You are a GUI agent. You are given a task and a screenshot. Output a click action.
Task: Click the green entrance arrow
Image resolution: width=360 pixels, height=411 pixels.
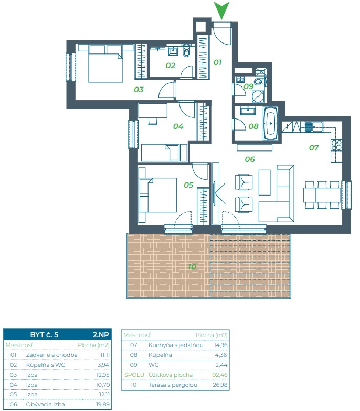[x=221, y=9]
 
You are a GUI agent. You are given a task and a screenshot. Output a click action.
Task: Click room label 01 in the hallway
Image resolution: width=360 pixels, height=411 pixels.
[x=217, y=62]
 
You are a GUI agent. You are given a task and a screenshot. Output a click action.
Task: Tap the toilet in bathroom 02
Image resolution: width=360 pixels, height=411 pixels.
[x=186, y=51]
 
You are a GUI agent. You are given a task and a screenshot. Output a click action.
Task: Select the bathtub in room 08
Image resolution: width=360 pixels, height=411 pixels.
[x=271, y=123]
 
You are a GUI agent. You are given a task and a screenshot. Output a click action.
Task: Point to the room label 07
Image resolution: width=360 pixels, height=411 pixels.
[x=314, y=148]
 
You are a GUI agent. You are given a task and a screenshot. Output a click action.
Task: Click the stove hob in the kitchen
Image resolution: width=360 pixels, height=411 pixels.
[x=336, y=145]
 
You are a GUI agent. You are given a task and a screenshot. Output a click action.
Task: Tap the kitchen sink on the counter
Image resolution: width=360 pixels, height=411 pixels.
[x=314, y=127]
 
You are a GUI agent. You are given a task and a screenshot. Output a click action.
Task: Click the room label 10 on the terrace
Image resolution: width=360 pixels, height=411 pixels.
[x=192, y=266]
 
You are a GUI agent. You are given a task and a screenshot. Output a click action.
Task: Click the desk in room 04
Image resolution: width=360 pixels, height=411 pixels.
[x=153, y=111]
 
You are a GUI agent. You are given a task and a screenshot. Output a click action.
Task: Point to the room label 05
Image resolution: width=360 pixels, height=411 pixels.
[x=188, y=185]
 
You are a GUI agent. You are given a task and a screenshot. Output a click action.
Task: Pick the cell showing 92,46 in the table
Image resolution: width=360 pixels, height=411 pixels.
[x=219, y=375]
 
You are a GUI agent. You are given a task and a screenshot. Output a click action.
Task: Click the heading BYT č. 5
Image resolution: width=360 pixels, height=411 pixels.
[x=44, y=334]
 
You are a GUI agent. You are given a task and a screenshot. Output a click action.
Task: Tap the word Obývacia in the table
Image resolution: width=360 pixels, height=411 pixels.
[x=37, y=405]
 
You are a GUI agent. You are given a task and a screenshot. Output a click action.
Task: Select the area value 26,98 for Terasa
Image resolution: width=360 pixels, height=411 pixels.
[x=220, y=385]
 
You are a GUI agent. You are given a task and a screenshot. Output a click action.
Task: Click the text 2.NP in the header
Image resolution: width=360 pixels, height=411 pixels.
[x=101, y=334]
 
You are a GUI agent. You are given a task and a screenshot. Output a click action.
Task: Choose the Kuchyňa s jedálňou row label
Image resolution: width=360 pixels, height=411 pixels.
[x=176, y=345]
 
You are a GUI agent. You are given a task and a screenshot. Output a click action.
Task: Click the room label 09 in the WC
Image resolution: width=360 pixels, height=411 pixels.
[x=249, y=86]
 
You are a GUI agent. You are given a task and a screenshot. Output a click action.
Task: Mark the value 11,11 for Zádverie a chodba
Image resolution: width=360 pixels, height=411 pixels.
[x=105, y=355]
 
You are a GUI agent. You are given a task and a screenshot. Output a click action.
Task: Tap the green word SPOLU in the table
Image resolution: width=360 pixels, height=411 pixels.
[x=134, y=375]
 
